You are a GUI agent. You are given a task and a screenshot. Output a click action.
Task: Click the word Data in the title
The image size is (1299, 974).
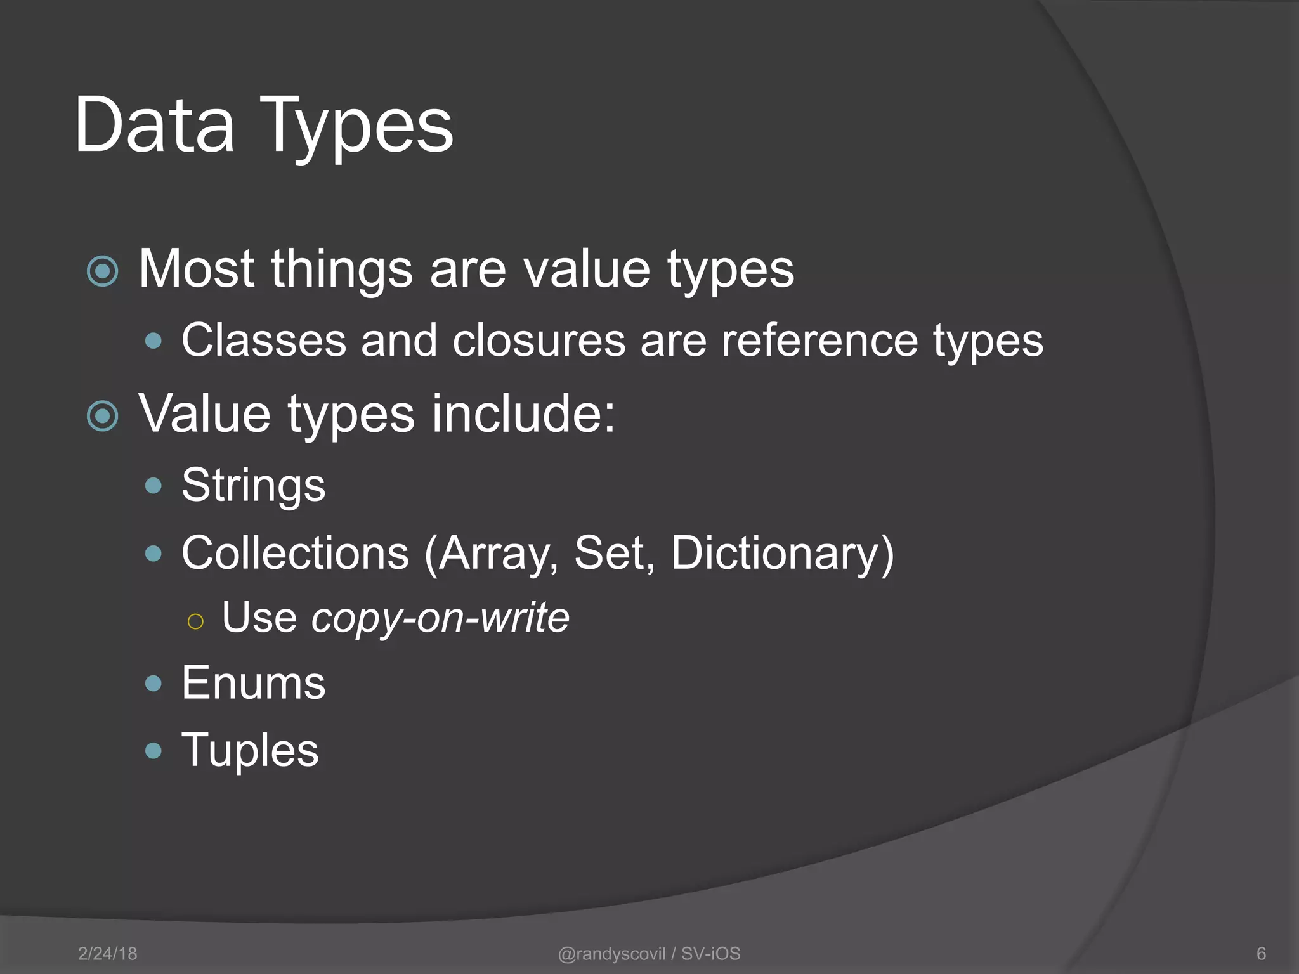click(x=154, y=125)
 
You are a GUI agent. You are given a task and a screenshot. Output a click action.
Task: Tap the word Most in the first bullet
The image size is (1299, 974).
click(x=196, y=269)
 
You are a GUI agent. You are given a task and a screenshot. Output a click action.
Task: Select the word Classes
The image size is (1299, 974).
click(x=264, y=341)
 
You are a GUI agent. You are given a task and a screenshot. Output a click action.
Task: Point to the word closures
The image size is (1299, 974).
click(x=539, y=341)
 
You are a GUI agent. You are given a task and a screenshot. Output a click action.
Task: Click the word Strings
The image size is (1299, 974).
click(x=253, y=486)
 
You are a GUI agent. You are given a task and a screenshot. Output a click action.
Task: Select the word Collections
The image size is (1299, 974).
click(x=295, y=553)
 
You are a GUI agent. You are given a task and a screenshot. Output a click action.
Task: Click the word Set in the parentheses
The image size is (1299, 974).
click(x=614, y=553)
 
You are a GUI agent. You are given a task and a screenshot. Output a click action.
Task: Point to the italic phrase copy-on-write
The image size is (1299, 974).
click(x=440, y=618)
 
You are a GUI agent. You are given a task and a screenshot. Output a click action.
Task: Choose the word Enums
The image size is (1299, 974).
click(x=253, y=683)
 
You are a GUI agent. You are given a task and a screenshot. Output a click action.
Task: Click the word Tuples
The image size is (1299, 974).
click(x=250, y=751)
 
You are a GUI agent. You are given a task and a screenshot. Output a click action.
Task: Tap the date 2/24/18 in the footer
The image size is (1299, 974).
click(x=107, y=954)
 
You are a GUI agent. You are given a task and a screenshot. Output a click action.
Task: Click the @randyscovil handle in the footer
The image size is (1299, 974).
click(x=611, y=954)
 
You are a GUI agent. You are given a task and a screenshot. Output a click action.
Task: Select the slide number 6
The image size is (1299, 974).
click(x=1261, y=954)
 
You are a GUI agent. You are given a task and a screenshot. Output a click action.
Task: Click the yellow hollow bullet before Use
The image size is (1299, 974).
click(x=195, y=621)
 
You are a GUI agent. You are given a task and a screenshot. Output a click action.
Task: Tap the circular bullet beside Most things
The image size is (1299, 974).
click(x=102, y=271)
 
